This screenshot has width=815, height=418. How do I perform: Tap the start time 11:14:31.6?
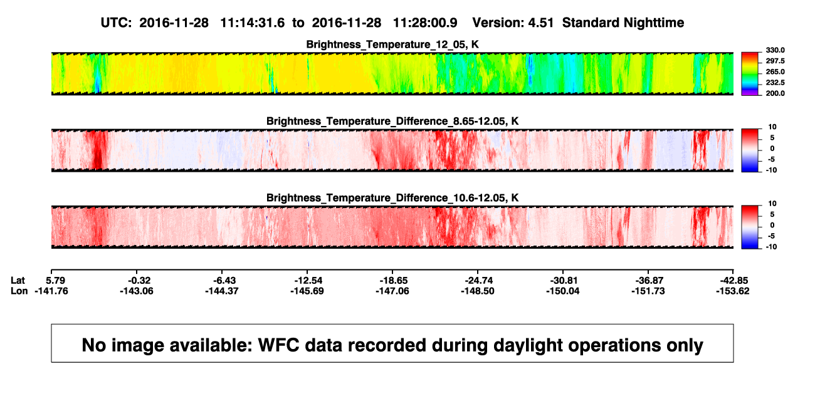pos(253,23)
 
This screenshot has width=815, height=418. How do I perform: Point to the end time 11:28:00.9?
pos(425,23)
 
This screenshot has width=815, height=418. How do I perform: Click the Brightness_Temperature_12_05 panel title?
pos(392,44)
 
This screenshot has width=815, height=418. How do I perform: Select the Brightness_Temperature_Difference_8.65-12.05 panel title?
pos(392,121)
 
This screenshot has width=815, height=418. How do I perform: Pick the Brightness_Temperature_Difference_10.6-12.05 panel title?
pos(392,198)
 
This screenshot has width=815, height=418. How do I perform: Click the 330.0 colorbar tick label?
pos(775,50)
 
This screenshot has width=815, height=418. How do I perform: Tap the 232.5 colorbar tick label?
pos(775,83)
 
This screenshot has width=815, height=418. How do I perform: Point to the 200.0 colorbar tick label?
pos(775,93)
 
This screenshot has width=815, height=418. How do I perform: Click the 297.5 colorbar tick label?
pos(775,61)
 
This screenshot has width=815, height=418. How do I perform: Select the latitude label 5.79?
pos(55,281)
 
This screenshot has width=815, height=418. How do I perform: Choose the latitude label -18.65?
pos(394,281)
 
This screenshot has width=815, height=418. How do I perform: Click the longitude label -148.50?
pos(478,291)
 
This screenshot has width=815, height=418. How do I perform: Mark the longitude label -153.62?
pos(733,291)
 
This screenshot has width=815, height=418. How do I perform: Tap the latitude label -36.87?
pos(649,281)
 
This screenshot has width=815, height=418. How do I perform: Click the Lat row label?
pos(18,281)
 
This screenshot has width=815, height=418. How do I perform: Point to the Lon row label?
pos(19,291)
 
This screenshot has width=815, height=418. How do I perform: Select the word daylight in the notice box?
pos(527,345)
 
